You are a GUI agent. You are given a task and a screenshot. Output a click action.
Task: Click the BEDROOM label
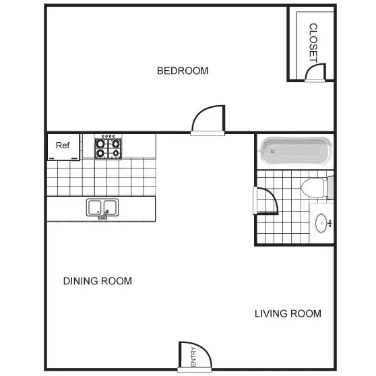tap(183, 71)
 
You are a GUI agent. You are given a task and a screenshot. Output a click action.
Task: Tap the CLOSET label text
tap(313, 43)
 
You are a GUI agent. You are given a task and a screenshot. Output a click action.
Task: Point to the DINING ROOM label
tap(97, 281)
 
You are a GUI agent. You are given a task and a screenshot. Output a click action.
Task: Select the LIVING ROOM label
tap(288, 313)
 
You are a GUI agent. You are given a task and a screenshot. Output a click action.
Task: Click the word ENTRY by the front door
tap(193, 357)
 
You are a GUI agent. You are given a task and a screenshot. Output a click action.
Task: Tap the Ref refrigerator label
tap(63, 146)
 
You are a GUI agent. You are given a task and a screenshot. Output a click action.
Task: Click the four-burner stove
tap(108, 148)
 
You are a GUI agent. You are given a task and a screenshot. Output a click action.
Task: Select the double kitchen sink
tap(102, 208)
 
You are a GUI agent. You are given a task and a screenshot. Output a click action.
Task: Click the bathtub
tap(294, 151)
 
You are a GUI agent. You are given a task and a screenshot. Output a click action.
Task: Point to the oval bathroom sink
tap(321, 223)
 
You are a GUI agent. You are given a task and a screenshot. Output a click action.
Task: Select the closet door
tap(315, 72)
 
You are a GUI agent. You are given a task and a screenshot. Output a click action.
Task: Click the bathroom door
tap(265, 201)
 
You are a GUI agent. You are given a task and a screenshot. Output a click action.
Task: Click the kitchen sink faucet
tap(105, 214)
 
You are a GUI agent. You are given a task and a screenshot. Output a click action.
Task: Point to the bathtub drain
tap(272, 152)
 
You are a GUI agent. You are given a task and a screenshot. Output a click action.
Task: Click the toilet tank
tap(330, 188)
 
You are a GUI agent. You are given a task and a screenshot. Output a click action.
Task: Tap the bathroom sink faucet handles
tap(330, 223)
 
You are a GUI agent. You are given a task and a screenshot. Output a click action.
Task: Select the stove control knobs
tap(108, 136)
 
